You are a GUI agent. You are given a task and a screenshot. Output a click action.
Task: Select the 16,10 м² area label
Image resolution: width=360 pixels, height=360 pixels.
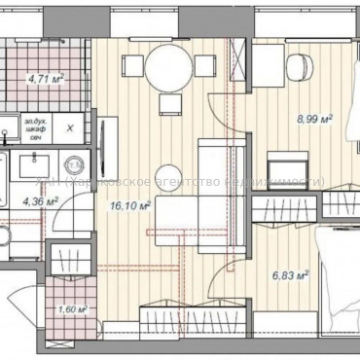click(x=130, y=205)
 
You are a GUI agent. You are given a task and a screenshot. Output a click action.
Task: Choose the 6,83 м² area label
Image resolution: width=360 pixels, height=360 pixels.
click(x=288, y=275)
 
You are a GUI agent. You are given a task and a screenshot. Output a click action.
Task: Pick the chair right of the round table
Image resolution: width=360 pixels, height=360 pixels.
click(x=203, y=67)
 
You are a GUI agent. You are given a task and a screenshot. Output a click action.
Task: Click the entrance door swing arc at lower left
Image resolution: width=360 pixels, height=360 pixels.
click(x=19, y=302)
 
